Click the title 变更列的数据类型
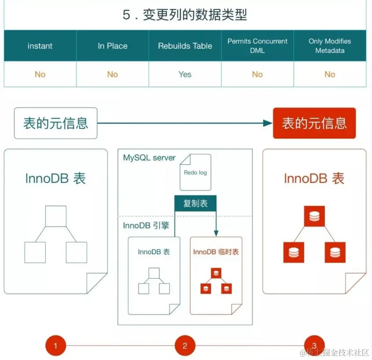[185, 15]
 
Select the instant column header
[40, 46]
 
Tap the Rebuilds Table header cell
[185, 46]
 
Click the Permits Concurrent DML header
[258, 46]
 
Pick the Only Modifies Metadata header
[330, 46]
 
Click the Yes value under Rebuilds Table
[185, 74]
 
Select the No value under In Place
[113, 74]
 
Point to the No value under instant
[40, 74]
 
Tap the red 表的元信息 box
[314, 123]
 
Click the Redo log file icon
[195, 172]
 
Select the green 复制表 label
[195, 204]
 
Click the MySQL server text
[149, 158]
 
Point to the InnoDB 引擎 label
[147, 226]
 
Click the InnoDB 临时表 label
[216, 252]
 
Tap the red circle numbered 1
[55, 345]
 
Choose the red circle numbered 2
[185, 345]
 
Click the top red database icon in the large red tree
[314, 216]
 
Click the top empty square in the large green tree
[56, 216]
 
